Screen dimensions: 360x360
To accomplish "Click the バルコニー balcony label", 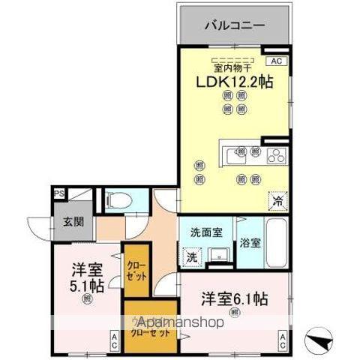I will tap(235, 25).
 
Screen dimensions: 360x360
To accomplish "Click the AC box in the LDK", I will tap(276, 60).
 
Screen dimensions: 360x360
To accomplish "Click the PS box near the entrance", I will tap(58, 194).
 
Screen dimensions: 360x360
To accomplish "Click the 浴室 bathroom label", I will tap(250, 243).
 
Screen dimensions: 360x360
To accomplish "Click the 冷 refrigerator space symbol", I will tap(277, 200).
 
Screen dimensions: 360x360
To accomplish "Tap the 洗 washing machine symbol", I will tap(191, 256).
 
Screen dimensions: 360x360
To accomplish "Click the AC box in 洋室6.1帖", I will tap(283, 341).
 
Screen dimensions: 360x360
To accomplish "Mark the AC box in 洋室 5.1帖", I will tap(113, 341).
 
